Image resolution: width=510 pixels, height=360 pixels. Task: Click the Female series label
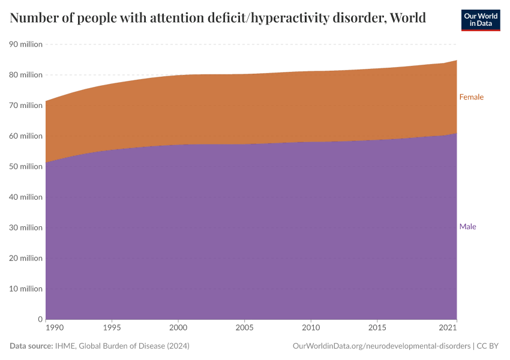pyautogui.click(x=471, y=97)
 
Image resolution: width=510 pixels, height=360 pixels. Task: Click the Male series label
pyautogui.click(x=467, y=227)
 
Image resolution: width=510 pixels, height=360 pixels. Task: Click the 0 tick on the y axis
pyautogui.click(x=40, y=320)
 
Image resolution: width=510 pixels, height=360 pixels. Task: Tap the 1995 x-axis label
pyautogui.click(x=112, y=329)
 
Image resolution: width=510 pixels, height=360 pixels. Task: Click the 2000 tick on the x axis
pyautogui.click(x=178, y=329)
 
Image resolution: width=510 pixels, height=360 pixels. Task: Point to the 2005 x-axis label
pyautogui.click(x=244, y=329)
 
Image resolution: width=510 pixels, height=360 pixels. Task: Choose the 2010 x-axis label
pyautogui.click(x=311, y=329)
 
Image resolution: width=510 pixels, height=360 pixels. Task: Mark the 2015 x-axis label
pyautogui.click(x=377, y=329)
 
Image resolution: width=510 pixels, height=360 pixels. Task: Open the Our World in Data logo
pyautogui.click(x=480, y=20)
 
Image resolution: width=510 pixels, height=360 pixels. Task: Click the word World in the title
pyautogui.click(x=408, y=18)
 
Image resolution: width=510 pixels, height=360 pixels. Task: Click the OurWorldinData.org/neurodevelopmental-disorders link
pyautogui.click(x=381, y=346)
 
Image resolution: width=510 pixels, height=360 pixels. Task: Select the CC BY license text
pyautogui.click(x=488, y=346)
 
